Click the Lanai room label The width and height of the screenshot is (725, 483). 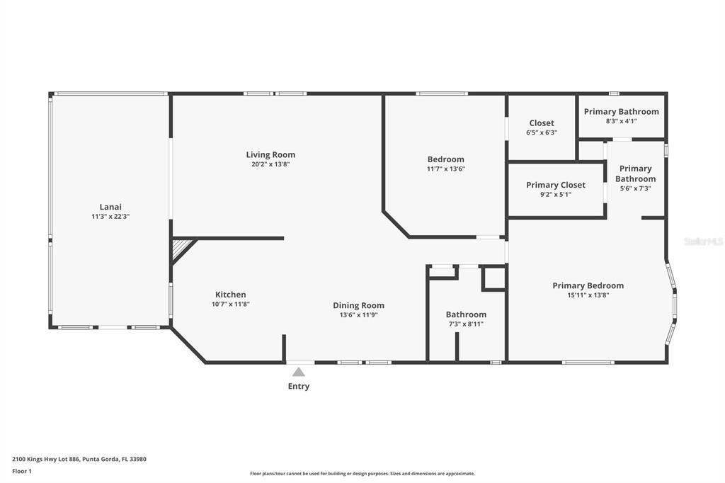110,207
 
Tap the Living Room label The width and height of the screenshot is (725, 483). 270,154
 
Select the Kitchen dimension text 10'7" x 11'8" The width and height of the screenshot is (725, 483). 230,304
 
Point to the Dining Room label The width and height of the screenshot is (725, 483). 358,305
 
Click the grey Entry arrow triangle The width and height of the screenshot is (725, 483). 299,372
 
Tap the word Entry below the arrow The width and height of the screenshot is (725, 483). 298,387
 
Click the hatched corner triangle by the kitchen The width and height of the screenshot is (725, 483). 181,248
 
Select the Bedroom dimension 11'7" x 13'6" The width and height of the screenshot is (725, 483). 445,169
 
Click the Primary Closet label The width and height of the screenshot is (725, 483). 556,185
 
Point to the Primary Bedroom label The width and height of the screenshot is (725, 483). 588,285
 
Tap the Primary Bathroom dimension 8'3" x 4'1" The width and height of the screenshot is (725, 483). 621,121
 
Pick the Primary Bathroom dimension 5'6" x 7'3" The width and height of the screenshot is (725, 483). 635,188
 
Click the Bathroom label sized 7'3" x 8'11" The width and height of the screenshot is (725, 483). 466,314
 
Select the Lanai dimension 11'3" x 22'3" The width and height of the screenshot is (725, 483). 110,216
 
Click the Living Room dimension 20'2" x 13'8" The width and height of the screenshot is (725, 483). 270,164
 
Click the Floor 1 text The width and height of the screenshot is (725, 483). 22,470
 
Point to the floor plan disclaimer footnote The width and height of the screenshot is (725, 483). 362,474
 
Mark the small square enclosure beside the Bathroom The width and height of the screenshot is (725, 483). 493,278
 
